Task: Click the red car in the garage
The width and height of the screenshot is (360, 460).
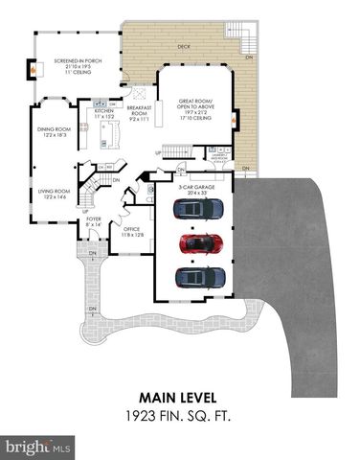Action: [x=200, y=243]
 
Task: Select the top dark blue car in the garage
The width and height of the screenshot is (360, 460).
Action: [x=200, y=209]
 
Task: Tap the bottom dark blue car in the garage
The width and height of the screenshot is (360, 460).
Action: [x=200, y=277]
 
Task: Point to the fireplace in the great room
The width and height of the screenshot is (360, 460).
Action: [x=236, y=123]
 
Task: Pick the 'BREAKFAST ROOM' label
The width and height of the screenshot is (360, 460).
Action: [x=141, y=109]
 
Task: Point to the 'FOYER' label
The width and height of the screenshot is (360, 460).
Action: [x=94, y=219]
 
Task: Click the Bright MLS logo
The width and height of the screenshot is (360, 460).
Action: [x=38, y=447]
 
